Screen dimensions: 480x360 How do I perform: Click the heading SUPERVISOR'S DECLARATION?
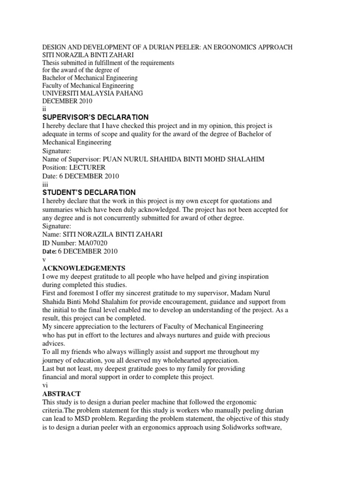(x=95, y=117)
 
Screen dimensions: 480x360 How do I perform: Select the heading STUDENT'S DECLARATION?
(x=89, y=193)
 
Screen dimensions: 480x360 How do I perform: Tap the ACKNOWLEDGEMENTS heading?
(x=84, y=268)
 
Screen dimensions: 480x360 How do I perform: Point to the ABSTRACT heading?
(x=61, y=394)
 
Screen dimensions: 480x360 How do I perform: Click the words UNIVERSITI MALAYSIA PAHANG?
(x=92, y=93)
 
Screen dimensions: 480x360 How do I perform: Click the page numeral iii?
(x=45, y=184)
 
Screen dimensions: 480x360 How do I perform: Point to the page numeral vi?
(x=45, y=385)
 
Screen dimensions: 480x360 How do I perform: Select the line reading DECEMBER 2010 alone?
(x=67, y=101)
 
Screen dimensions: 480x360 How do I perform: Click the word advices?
(x=54, y=344)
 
